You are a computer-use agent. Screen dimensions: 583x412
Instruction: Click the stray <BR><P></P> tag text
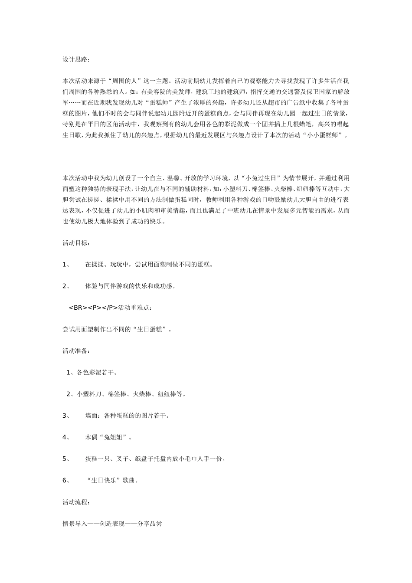[x=93, y=308]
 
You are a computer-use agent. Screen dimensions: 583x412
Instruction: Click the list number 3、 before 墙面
[x=66, y=416]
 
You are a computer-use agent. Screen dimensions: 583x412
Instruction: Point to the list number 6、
[x=66, y=481]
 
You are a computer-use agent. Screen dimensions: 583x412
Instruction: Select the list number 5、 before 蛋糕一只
[x=66, y=459]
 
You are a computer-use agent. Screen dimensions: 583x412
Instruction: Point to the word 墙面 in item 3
[x=91, y=416]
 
